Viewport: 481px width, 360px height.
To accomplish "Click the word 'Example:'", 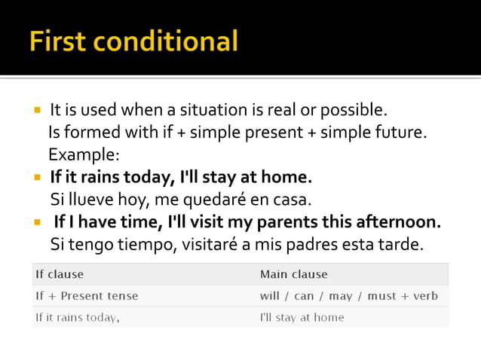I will point(84,155).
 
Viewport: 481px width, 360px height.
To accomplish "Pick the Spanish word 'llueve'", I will point(90,200).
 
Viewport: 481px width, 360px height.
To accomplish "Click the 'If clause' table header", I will point(60,274).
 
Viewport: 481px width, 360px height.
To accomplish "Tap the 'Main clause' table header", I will point(293,274).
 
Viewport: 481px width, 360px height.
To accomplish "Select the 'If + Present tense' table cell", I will point(87,296).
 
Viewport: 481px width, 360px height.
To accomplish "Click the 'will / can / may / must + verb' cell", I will point(348,296).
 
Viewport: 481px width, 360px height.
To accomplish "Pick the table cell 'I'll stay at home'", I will point(302,317).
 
